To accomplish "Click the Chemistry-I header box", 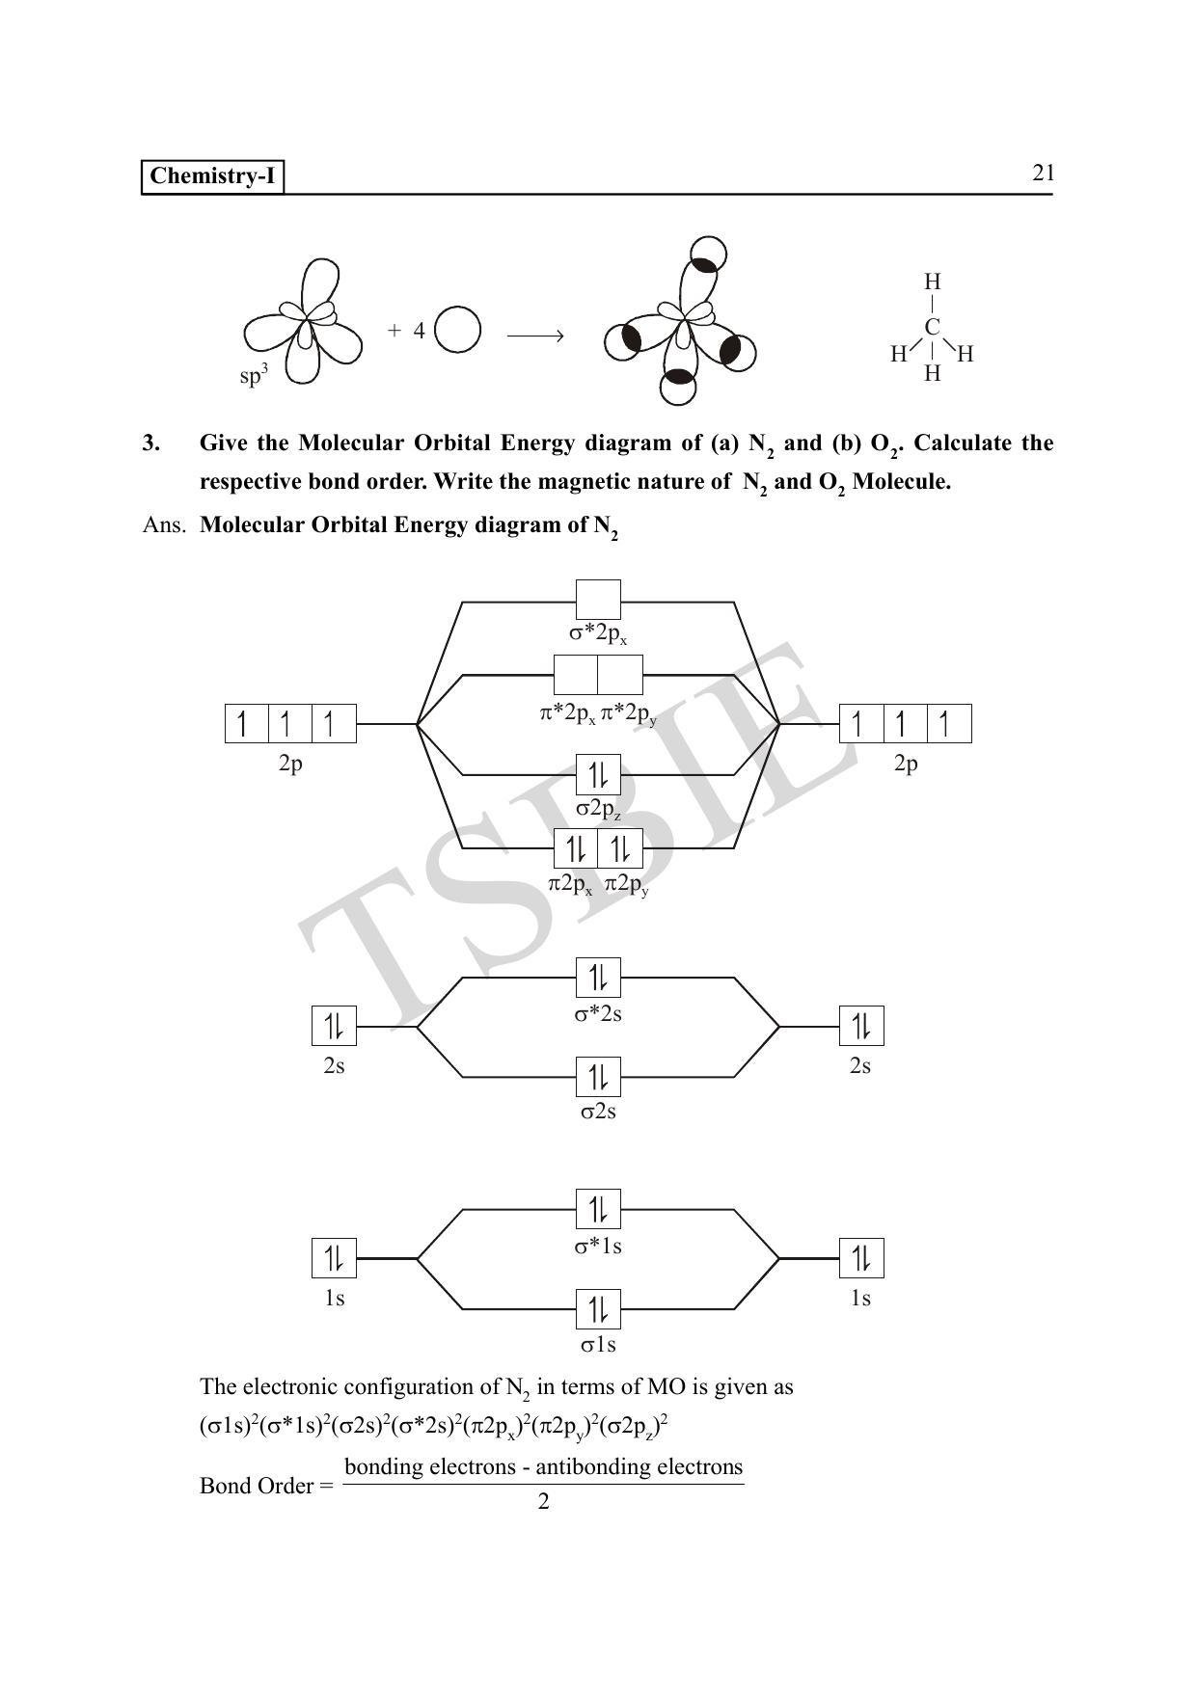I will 212,176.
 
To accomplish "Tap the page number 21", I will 1043,173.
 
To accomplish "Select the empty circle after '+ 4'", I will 457,330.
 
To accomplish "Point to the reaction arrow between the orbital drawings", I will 534,336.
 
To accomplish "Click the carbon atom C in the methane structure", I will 932,328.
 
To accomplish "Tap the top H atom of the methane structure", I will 932,282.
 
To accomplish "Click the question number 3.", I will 150,443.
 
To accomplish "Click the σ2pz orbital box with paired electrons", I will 598,774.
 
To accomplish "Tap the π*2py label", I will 629,714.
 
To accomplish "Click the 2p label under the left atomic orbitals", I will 290,764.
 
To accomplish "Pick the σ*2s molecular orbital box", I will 598,978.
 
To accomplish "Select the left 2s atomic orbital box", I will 334,1026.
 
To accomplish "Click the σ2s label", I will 598,1112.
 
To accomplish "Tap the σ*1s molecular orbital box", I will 598,1209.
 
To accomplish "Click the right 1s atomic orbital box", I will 860,1258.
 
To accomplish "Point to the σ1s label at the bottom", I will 598,1345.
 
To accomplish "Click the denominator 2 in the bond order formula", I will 543,1502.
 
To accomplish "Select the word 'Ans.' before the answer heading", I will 163,525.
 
